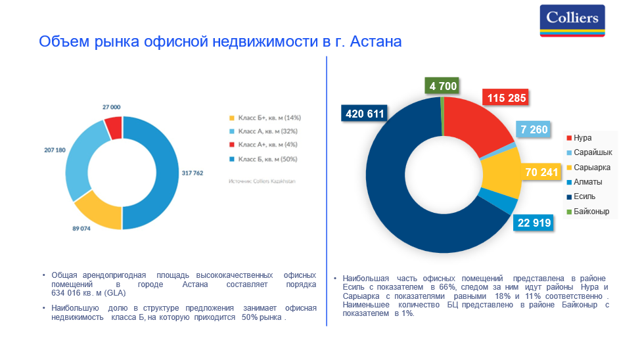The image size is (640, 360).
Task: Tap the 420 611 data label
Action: click(363, 114)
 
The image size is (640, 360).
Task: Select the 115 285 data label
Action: click(506, 99)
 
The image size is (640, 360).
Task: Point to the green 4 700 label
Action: click(442, 86)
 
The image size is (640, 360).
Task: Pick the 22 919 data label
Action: click(534, 222)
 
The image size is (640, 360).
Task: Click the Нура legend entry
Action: click(582, 138)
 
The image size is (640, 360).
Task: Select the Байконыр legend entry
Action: click(590, 212)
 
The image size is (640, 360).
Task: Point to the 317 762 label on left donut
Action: click(193, 173)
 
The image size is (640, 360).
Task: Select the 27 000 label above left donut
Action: click(111, 106)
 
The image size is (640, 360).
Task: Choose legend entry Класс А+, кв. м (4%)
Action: click(269, 145)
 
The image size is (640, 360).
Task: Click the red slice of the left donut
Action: click(114, 127)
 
